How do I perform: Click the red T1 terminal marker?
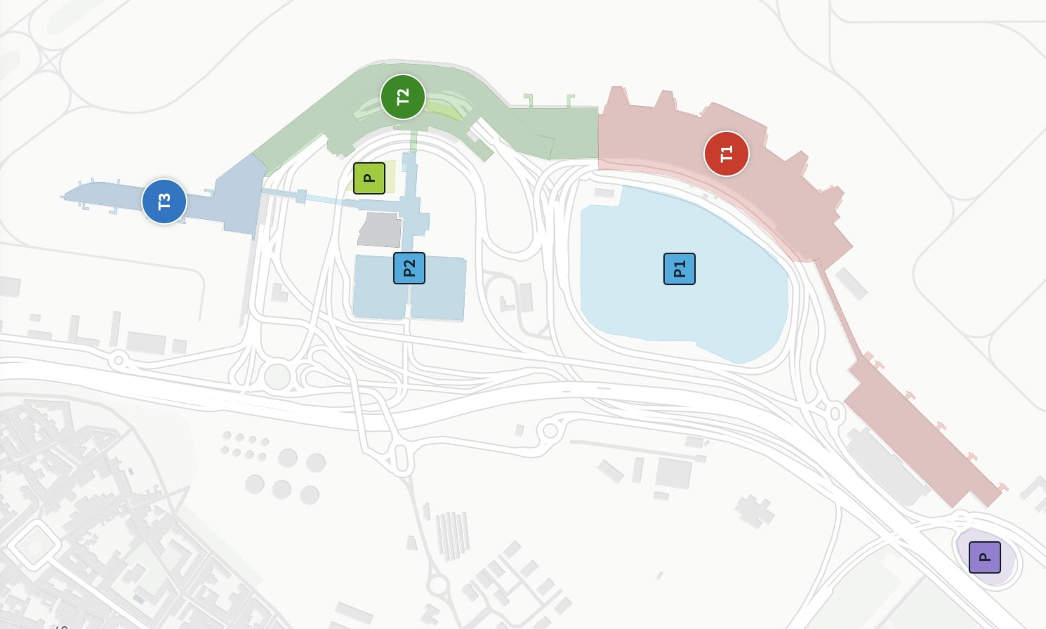click(726, 153)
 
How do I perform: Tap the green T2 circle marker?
click(402, 96)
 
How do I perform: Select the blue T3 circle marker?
click(164, 201)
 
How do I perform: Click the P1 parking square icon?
click(679, 269)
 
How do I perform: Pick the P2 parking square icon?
click(409, 268)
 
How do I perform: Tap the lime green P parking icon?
click(369, 178)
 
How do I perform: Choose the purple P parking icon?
click(984, 557)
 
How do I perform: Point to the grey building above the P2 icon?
click(380, 230)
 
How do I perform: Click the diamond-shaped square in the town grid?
click(32, 545)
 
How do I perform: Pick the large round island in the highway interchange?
click(277, 376)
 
